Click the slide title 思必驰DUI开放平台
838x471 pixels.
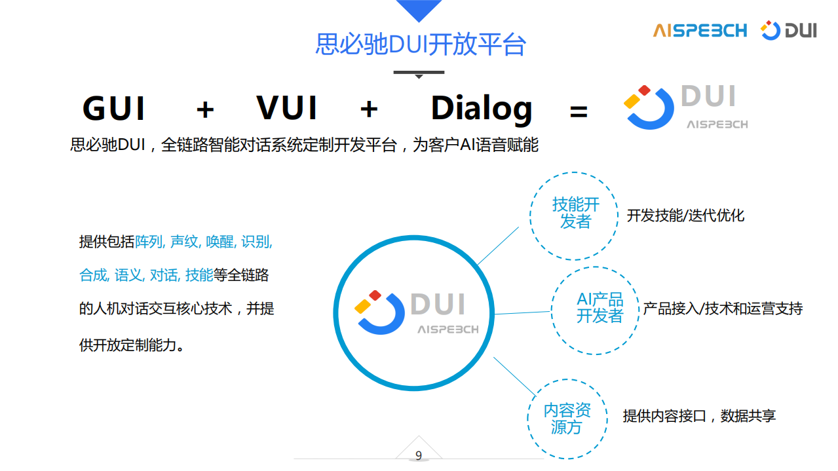(420, 45)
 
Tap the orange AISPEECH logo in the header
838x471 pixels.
(700, 30)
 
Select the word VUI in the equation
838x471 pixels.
(287, 109)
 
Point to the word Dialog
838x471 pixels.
(481, 109)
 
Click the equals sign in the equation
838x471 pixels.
(579, 111)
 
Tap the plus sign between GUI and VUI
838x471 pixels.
(205, 109)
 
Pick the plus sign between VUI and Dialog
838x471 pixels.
(369, 109)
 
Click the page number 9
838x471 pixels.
(419, 456)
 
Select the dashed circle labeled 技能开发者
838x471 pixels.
(575, 216)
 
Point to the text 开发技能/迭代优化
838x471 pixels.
(685, 216)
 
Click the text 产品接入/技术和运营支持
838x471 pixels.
(723, 309)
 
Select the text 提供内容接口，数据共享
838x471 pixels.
(699, 416)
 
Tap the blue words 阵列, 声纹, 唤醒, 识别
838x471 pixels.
(204, 242)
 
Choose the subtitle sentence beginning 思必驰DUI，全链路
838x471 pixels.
(304, 145)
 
